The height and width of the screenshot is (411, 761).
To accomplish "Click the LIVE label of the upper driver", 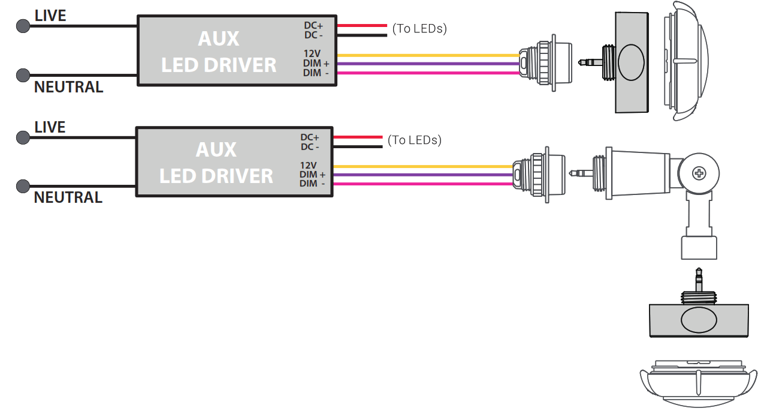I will pos(50,16).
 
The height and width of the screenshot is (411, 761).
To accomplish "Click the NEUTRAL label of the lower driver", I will pos(68,197).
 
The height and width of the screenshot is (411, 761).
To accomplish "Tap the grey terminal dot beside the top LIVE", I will pos(23,26).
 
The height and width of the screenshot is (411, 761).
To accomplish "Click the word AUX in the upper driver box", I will pos(219,39).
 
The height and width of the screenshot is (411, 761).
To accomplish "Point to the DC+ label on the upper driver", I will pos(313,25).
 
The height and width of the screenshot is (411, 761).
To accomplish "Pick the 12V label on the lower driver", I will pos(308,165).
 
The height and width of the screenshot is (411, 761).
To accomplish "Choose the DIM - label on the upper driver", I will pos(316,73).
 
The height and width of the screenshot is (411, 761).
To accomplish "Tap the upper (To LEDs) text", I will pos(419,28).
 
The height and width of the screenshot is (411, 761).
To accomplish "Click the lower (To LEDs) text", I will pos(415,140).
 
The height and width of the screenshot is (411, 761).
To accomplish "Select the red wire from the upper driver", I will pos(362,25).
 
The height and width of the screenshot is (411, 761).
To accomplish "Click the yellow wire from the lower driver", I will pos(419,166).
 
